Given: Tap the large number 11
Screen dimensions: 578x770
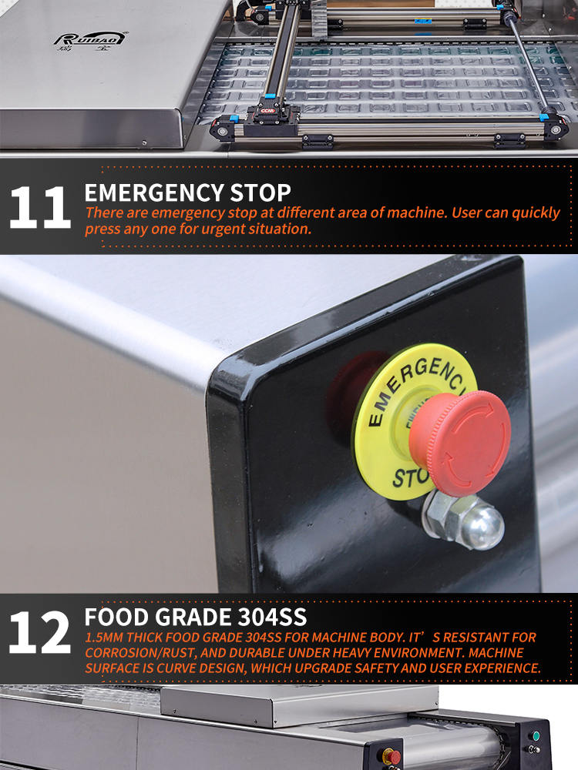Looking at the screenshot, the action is click(40, 207).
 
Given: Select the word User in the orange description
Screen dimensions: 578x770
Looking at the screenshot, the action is click(467, 213).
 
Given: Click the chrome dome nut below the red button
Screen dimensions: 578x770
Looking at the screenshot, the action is click(465, 520).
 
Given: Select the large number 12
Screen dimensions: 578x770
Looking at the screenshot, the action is click(40, 632).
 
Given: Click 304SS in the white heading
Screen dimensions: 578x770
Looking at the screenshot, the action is click(272, 618).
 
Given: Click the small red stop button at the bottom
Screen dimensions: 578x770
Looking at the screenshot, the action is click(392, 756).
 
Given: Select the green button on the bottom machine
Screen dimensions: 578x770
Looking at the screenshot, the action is click(536, 735).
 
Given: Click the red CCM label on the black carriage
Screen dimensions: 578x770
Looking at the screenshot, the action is click(267, 110).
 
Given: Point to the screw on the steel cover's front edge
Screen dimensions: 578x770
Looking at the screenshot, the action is click(144, 143).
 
